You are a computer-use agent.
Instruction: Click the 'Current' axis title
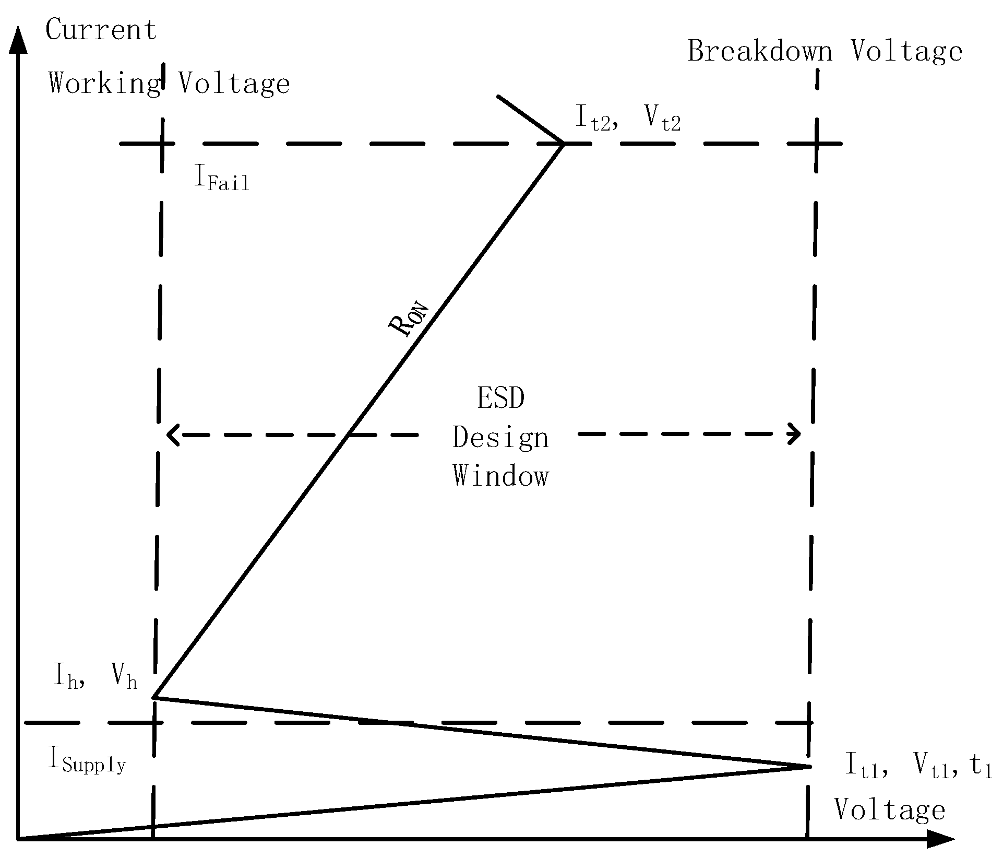click(x=101, y=30)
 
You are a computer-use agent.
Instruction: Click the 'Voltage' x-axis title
click(x=890, y=810)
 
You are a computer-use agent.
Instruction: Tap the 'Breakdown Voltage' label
click(x=825, y=52)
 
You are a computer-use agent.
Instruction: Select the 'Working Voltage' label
click(x=169, y=84)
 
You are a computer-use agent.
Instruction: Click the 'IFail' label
click(x=222, y=179)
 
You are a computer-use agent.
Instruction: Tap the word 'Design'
click(x=500, y=438)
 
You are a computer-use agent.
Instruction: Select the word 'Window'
click(x=501, y=476)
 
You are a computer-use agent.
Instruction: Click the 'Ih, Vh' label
click(x=96, y=678)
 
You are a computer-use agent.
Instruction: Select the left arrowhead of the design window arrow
click(x=171, y=435)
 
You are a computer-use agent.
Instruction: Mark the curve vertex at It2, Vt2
click(x=563, y=143)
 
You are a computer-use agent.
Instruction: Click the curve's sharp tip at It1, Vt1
click(x=810, y=766)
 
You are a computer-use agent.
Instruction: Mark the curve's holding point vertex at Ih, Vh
click(x=153, y=697)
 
